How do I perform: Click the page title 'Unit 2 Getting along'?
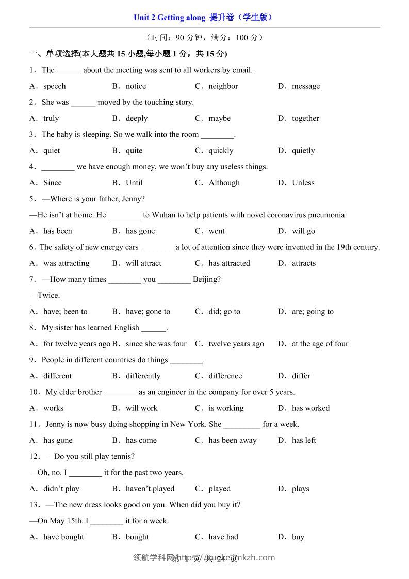(x=169, y=18)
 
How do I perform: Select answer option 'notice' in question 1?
(x=136, y=86)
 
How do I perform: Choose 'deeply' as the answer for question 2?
(x=137, y=118)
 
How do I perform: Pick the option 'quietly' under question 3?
(x=303, y=151)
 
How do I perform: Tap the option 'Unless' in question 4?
(x=303, y=183)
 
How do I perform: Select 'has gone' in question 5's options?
(x=140, y=231)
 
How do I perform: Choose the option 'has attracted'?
(x=229, y=263)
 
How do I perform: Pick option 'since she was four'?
(x=156, y=344)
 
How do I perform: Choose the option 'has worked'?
(x=310, y=408)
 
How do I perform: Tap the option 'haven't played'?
(x=150, y=489)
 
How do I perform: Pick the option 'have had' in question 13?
(x=223, y=537)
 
